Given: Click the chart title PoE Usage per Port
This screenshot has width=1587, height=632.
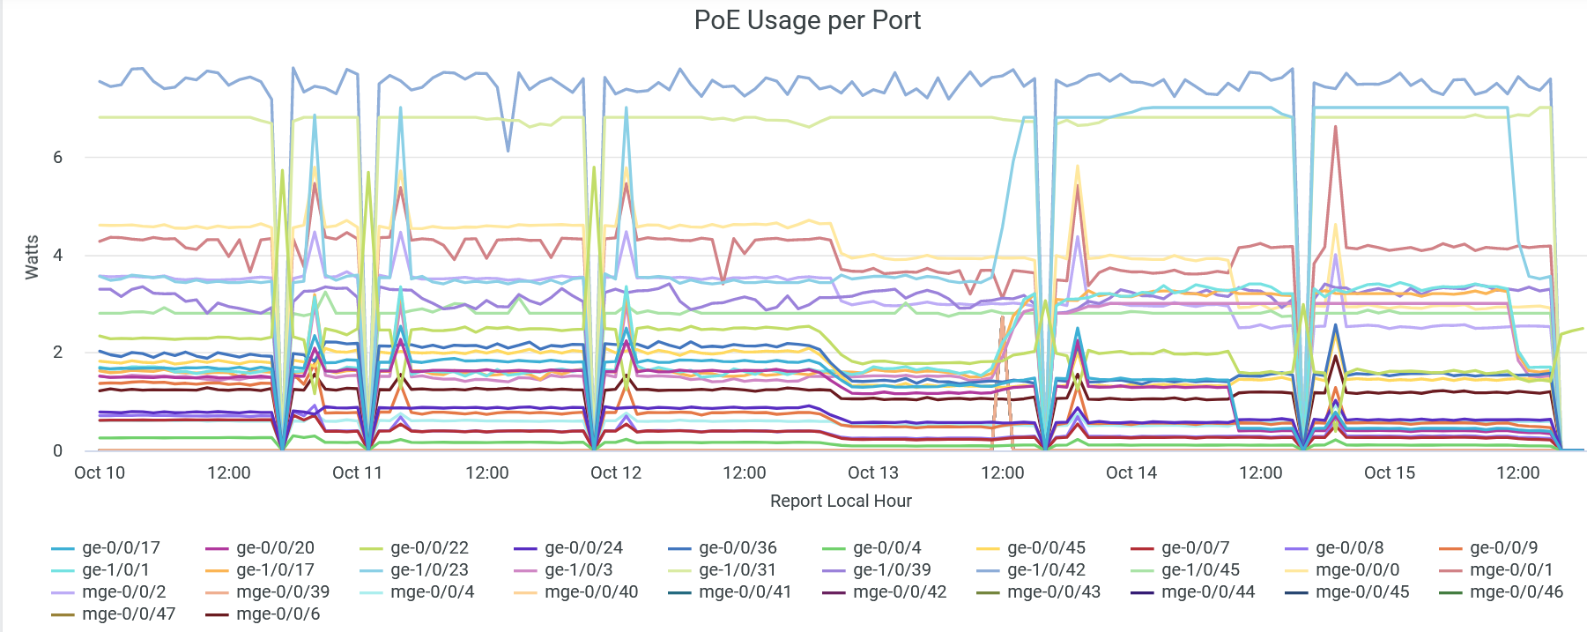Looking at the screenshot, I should [x=807, y=20].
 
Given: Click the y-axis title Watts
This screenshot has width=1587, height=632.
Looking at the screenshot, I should [x=32, y=257].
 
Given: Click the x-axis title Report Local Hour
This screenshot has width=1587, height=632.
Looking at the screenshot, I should [x=841, y=501].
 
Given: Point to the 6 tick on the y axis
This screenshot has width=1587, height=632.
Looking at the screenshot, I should [x=58, y=158].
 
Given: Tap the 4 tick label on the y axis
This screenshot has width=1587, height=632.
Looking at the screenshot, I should [x=58, y=256].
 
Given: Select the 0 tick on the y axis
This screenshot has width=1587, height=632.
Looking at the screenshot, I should [x=58, y=450].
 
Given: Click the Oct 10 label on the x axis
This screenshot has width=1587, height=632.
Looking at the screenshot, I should [x=100, y=472].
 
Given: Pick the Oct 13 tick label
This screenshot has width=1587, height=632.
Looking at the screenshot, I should [x=873, y=472].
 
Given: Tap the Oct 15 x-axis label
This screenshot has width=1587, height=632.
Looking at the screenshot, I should [x=1390, y=472].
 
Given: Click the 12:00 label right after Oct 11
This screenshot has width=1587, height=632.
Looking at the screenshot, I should [x=487, y=472].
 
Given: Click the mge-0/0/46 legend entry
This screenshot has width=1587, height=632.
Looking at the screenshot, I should [x=1516, y=592].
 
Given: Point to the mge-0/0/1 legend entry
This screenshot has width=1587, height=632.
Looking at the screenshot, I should [x=1511, y=570].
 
